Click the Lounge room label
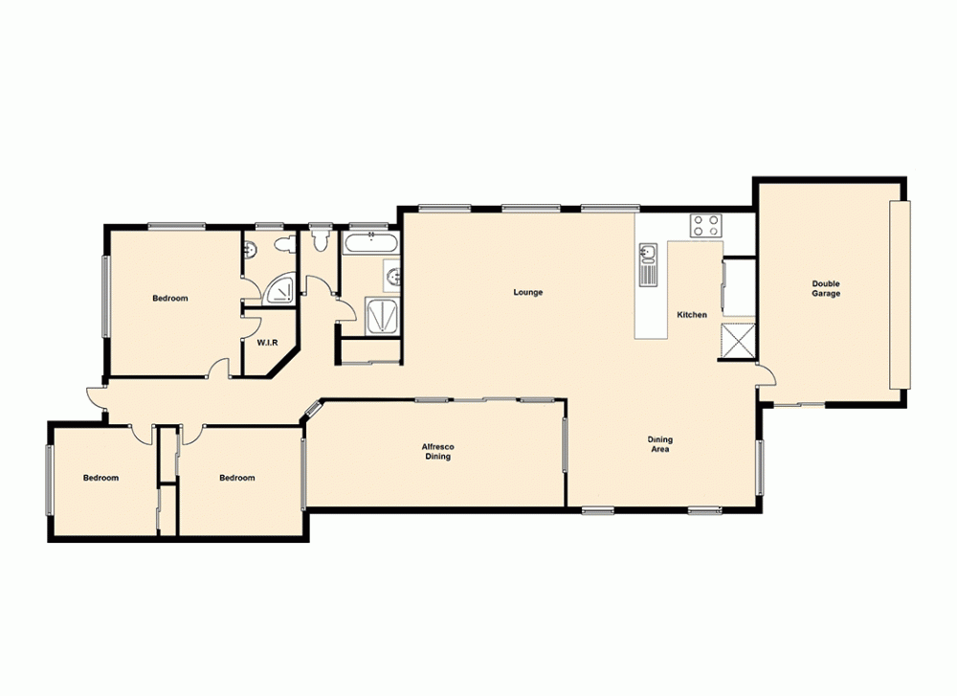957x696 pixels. [x=527, y=292]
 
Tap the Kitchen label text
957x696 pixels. [x=692, y=315]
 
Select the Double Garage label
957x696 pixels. [x=826, y=288]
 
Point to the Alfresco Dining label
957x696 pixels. [x=436, y=452]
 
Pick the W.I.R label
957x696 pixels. [x=267, y=342]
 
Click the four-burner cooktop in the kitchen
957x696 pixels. [x=706, y=226]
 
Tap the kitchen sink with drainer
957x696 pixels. [x=649, y=263]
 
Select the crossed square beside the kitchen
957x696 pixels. [x=738, y=341]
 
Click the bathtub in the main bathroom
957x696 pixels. [x=365, y=243]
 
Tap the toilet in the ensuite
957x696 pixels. [x=282, y=247]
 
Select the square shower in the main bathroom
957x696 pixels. [x=382, y=315]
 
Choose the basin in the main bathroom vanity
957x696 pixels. [x=393, y=279]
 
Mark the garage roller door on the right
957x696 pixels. [x=897, y=295]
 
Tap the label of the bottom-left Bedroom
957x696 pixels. [x=100, y=478]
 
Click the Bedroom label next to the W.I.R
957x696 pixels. [x=170, y=299]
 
